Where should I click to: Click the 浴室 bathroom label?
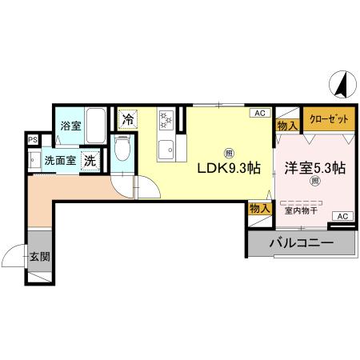(70, 126)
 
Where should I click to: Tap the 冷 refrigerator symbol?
(128, 119)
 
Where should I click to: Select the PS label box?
(32, 139)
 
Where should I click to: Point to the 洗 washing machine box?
(92, 158)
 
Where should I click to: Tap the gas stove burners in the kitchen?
(166, 121)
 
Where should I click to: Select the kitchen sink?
(166, 150)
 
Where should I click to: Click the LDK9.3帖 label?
(229, 168)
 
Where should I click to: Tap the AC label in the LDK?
(260, 114)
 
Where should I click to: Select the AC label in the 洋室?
(342, 217)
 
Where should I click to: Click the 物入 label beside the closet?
(286, 125)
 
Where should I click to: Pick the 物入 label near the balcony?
(259, 208)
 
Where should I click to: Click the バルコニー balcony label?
(301, 242)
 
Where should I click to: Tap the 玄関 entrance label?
(39, 258)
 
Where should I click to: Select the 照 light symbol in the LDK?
(229, 152)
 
